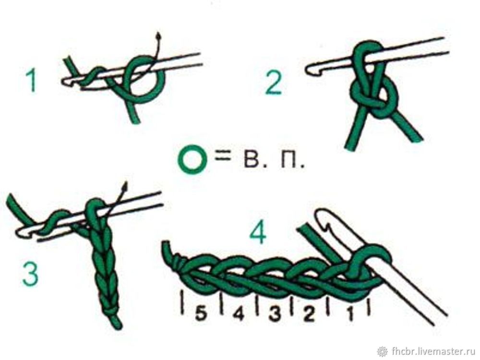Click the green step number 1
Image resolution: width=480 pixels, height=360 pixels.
[x=32, y=81]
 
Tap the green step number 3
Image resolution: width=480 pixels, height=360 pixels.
[x=30, y=274]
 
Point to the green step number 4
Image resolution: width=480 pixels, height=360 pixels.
[x=259, y=231]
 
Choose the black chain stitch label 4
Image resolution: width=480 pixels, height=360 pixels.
[x=239, y=314]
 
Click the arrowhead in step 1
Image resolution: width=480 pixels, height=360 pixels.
[x=158, y=36]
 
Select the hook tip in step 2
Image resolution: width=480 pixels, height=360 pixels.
[x=309, y=69]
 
